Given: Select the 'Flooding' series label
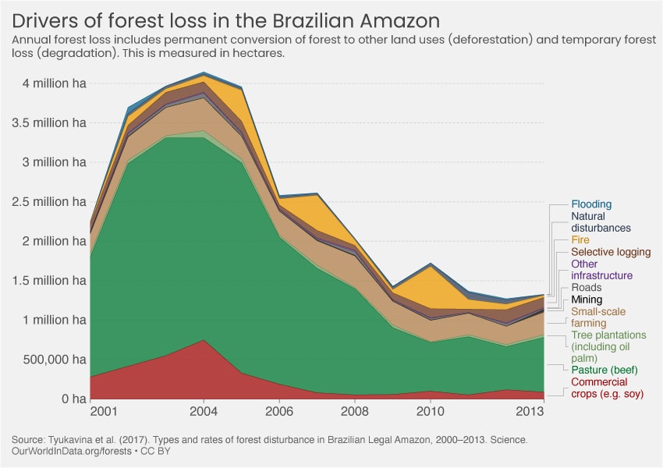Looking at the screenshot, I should click(x=591, y=204).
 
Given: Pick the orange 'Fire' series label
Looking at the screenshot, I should click(x=580, y=240).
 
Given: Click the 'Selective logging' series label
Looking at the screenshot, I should click(x=611, y=252).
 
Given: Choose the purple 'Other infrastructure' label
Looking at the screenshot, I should click(x=601, y=270).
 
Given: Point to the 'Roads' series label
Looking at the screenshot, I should click(x=587, y=288).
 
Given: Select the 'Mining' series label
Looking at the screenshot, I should click(x=587, y=300).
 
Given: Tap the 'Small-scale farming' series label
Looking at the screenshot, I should click(x=598, y=317).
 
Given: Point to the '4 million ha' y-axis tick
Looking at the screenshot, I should click(x=51, y=83).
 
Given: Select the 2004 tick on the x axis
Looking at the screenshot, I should click(x=204, y=410).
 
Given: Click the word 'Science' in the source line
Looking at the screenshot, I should click(x=508, y=440).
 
